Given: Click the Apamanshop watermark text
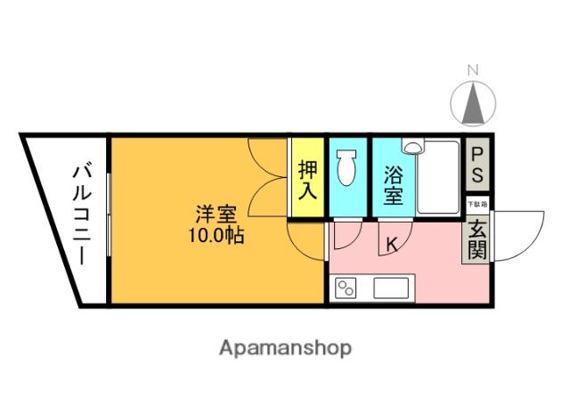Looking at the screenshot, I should [x=285, y=347].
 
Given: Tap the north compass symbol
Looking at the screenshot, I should [x=473, y=103].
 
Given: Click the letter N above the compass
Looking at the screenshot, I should [x=474, y=70].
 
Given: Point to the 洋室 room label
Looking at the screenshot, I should [x=216, y=215].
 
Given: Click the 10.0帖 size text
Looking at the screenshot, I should [x=216, y=237].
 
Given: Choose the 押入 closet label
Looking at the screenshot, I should [x=308, y=178].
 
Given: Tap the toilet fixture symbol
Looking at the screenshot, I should [x=347, y=167].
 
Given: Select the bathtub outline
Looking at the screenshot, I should [x=437, y=179].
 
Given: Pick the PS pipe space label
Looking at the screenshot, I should [x=479, y=163].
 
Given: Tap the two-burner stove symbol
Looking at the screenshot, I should [x=345, y=287].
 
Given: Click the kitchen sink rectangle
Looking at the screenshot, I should [x=391, y=288].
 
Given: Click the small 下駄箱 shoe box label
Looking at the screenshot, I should [x=477, y=204].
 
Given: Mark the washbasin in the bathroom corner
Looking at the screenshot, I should [x=413, y=147].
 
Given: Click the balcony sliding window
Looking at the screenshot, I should [x=108, y=218].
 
